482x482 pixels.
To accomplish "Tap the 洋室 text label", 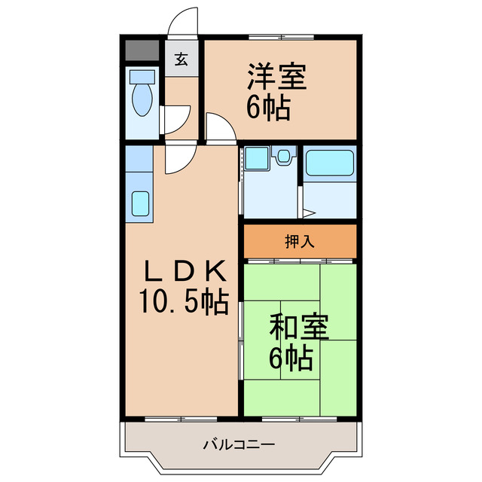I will (x=276, y=78).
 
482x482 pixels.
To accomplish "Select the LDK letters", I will (x=184, y=270).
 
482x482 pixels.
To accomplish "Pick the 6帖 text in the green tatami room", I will (x=291, y=359).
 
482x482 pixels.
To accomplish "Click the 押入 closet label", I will (x=299, y=242).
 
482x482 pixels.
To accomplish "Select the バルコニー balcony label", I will (x=238, y=444).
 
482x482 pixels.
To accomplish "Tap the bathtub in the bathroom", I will (x=329, y=163).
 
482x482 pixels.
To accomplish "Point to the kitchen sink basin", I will (x=140, y=203).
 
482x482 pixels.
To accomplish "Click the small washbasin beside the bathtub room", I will (x=284, y=157).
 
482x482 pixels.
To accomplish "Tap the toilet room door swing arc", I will (x=176, y=121).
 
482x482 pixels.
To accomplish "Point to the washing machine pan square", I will (x=256, y=159).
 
